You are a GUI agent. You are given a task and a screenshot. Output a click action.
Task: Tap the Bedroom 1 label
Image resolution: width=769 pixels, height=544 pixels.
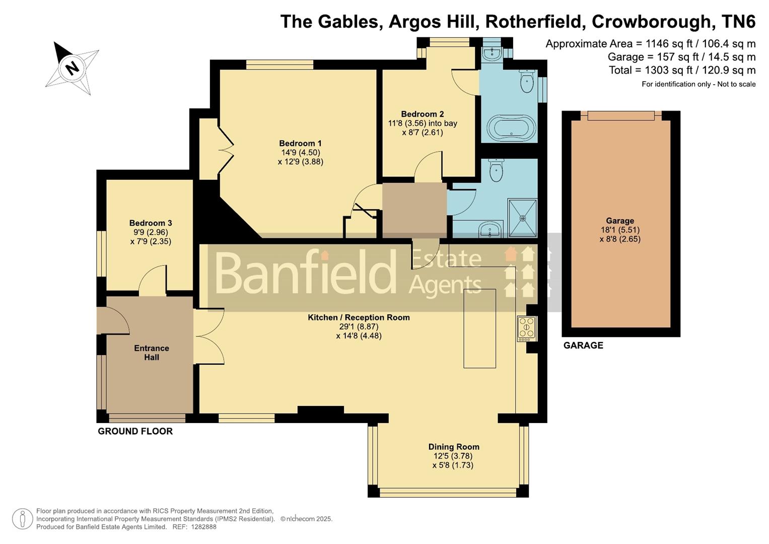[300, 144]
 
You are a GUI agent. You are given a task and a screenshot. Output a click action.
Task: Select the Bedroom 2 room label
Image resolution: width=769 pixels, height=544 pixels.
[422, 114]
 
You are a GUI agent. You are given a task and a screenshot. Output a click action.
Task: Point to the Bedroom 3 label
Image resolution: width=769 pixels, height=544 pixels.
[151, 223]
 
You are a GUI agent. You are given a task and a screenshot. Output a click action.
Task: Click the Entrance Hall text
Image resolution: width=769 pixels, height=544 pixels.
[151, 353]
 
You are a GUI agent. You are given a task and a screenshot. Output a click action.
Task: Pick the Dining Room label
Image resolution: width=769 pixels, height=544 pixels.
[453, 447]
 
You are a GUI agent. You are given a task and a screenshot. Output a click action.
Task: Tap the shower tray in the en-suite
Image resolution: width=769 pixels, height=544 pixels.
[522, 218]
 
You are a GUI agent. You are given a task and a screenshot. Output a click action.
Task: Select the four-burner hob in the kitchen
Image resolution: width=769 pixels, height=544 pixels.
[527, 328]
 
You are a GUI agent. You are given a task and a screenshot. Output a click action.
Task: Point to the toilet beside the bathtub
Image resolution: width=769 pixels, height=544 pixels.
[527, 82]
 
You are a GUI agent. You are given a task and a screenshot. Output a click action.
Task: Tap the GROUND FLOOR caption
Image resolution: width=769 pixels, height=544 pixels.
[135, 431]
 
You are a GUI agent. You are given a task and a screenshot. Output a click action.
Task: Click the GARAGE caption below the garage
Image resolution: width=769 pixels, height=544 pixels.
[583, 346]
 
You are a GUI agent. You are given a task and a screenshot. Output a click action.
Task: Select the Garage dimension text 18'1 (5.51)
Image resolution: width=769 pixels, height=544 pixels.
[619, 230]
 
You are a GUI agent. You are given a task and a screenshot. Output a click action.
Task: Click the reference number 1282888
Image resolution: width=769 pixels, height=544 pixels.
[201, 527]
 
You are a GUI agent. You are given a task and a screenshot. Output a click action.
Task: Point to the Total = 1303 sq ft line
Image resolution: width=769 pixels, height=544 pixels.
[682, 70]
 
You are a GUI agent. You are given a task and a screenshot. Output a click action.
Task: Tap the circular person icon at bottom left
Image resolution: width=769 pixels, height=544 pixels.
[22, 519]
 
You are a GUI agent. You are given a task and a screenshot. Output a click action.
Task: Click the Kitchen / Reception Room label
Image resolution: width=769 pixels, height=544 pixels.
[359, 317]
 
